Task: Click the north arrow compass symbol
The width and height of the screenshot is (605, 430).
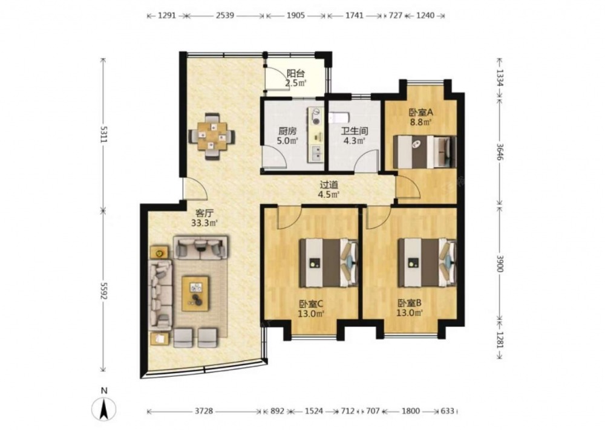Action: tap(103, 408)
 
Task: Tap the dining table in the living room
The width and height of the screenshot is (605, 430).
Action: tap(212, 136)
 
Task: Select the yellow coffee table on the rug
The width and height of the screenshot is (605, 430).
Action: tap(195, 293)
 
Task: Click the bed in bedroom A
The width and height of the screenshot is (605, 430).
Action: tap(425, 152)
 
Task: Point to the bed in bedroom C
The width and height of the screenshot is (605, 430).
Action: tap(329, 262)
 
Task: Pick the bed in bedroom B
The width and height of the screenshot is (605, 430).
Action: tap(427, 262)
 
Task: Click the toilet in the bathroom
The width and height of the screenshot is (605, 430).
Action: tap(339, 117)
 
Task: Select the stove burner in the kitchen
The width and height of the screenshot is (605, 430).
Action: tap(316, 116)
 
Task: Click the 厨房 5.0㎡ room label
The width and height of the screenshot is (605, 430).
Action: tap(287, 135)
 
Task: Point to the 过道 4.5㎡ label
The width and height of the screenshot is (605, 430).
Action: tap(329, 189)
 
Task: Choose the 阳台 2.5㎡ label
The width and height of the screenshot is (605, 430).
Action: tap(296, 78)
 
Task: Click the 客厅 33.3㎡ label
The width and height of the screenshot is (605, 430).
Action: tap(204, 218)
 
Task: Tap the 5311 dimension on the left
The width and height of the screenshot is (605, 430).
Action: tap(103, 134)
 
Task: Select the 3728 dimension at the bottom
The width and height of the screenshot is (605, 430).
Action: tap(203, 411)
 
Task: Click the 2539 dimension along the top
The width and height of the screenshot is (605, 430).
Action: tap(225, 16)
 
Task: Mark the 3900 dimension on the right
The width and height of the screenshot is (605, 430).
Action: tap(500, 263)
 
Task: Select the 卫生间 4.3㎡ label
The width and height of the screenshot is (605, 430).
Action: tap(355, 135)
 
